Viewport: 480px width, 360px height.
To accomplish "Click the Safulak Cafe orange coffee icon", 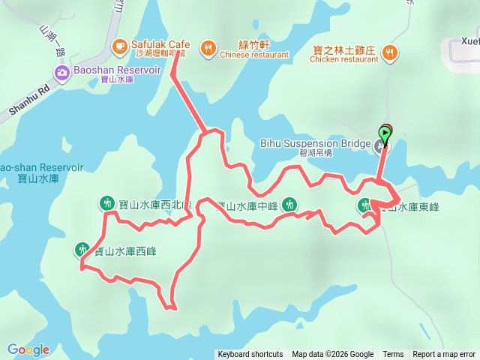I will coord(119,47).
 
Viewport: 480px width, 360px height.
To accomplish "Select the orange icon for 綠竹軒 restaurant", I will coord(207,49).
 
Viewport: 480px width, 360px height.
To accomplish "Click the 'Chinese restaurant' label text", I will coord(255,55).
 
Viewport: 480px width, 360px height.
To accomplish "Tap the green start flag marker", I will coord(385,135).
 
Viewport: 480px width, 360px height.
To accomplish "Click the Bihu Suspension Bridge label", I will coord(315,142).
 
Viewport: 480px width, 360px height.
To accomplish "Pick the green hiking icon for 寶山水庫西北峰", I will coord(106,202).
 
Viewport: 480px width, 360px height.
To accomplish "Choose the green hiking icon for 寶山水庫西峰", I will coord(82,249).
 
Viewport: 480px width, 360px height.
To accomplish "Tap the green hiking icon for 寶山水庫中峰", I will coord(291,205).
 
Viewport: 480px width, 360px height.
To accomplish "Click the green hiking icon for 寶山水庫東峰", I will coord(365,205).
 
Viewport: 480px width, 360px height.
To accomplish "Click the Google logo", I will coord(28,349).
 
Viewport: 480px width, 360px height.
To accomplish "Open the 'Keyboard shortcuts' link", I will coord(250,355).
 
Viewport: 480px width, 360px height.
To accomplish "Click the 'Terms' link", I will coord(393,355).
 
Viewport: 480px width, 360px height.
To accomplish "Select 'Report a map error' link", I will coord(444,355).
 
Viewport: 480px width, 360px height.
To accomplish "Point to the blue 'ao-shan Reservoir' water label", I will coord(41,168).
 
